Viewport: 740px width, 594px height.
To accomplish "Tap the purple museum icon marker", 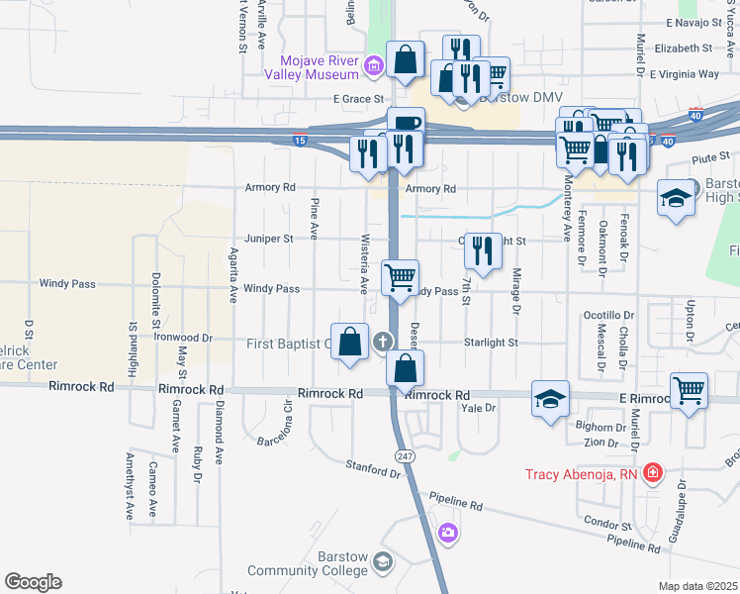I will [373, 67].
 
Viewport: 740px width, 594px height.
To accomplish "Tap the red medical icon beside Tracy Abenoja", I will [651, 474].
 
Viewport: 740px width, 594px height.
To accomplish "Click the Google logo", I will [33, 582].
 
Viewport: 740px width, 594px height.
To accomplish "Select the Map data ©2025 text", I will [697, 586].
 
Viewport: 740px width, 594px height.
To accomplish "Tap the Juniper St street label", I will [270, 239].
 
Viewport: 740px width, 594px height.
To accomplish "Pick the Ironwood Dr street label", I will [186, 338].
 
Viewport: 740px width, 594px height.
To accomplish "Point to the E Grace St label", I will [357, 99].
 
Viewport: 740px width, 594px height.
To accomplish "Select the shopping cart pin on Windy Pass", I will [400, 277].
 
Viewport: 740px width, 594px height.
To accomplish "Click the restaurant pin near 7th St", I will [482, 250].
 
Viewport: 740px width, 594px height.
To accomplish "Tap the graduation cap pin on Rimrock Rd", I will [550, 398].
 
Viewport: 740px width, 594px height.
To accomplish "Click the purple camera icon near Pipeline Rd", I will [449, 535].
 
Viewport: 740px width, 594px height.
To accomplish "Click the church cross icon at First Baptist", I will [383, 343].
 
